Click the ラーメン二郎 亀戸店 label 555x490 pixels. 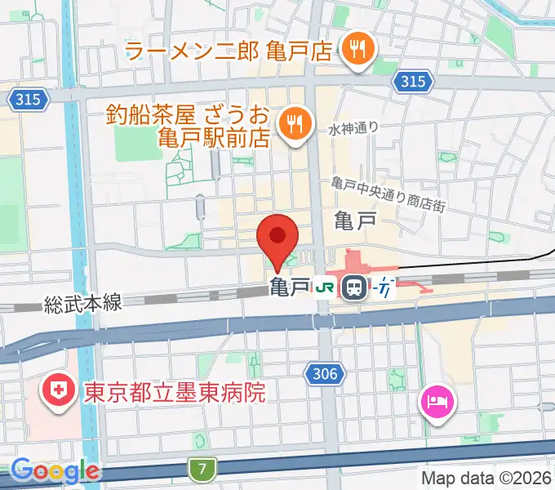pos(230,51)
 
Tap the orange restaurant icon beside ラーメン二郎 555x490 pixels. pos(357,50)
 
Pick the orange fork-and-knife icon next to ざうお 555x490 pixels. pos(291,124)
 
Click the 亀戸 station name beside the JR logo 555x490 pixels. pos(290,287)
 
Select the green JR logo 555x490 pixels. pos(326,287)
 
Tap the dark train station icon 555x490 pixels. pos(354,287)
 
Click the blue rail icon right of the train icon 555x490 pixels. pos(384,287)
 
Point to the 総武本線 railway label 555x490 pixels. pos(83,304)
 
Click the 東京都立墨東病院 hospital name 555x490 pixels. pos(175,394)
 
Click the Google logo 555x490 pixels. pos(55,471)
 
